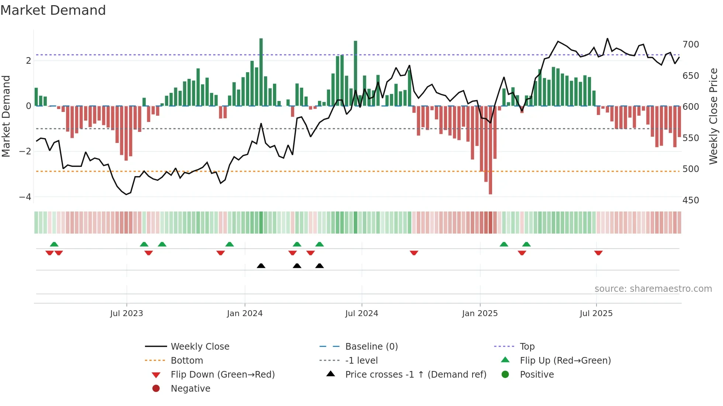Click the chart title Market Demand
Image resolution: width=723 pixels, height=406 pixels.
53,10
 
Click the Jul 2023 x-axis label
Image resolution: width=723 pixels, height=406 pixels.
126,313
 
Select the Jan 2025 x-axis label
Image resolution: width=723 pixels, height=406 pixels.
480,313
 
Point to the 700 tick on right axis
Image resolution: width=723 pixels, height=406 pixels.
691,45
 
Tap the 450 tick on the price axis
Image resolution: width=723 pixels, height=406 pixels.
691,200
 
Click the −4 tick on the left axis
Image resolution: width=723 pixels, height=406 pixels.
25,197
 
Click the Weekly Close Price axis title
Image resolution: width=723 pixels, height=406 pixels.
713,116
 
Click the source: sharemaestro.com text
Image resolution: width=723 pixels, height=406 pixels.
653,288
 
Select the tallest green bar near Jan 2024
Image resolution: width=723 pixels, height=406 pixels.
261,72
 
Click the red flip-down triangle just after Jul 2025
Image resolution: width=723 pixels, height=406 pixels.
598,253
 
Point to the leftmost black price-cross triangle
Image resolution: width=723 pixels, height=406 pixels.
261,266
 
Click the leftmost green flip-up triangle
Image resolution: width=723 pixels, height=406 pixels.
54,244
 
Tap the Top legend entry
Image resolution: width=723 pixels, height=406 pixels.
527,346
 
